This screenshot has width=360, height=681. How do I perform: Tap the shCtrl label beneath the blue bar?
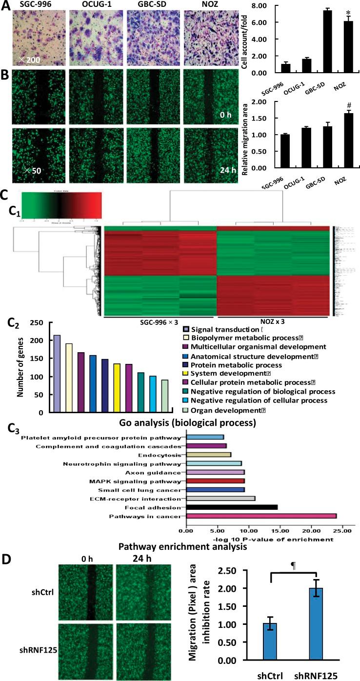point(270,673)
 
